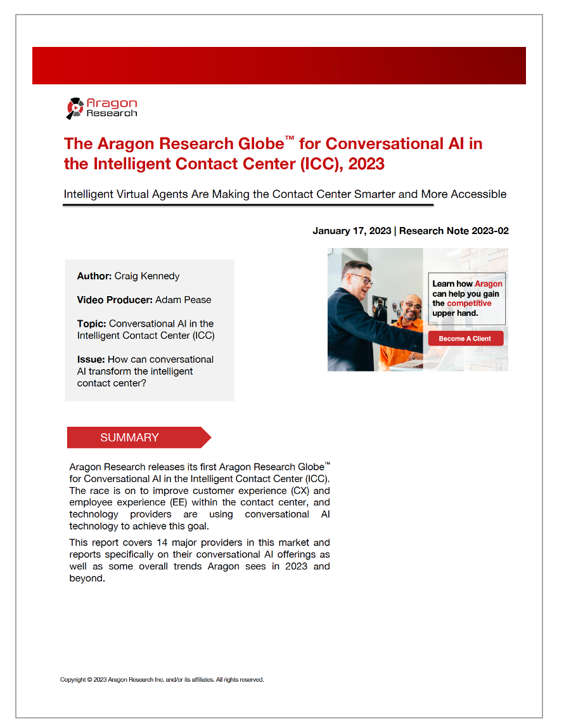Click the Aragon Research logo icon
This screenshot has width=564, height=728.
(75, 108)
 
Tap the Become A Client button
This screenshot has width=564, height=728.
(465, 339)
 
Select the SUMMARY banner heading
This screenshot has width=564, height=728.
(130, 438)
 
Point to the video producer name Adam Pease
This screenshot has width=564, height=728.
(183, 300)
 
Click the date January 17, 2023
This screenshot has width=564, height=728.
(352, 231)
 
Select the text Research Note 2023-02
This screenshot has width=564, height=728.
(454, 231)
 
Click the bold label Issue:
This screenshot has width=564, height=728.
(91, 360)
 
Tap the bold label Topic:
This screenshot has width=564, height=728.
(91, 323)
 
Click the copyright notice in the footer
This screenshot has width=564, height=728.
(162, 680)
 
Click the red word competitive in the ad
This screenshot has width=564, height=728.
(469, 303)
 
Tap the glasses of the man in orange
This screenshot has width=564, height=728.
(413, 305)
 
